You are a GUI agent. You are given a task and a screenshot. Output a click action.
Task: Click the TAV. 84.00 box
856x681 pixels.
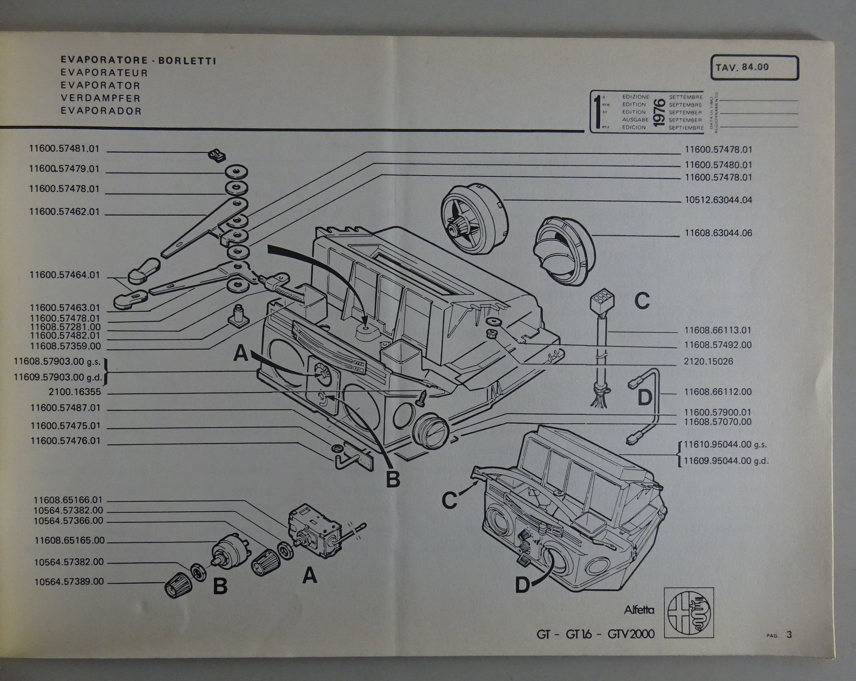coord(754,68)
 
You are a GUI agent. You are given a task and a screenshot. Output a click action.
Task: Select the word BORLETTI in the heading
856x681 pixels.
coord(187,61)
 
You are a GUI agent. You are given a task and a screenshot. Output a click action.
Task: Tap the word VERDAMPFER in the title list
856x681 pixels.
coord(100,98)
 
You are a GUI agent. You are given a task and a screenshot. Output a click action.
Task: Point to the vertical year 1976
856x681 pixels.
coord(659,112)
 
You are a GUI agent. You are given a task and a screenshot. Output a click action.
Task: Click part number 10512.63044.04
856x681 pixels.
coord(718,200)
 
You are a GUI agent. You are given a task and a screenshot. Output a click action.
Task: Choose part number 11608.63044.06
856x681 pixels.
coord(718,233)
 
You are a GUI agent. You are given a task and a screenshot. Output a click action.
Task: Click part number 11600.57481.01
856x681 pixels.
coord(64,149)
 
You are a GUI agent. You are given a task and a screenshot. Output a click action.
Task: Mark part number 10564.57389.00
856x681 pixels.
coord(69,582)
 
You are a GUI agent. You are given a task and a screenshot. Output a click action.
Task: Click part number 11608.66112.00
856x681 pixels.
coord(718,392)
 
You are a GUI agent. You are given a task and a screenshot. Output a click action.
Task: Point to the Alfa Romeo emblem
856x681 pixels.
coord(689,613)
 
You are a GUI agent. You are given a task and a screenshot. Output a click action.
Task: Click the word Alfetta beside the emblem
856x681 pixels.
coord(639,610)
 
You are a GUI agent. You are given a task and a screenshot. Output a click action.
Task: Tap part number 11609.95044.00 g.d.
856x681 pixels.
coord(726,461)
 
